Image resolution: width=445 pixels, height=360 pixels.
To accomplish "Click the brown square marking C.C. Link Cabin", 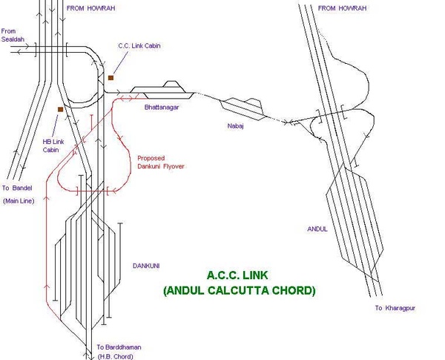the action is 111,78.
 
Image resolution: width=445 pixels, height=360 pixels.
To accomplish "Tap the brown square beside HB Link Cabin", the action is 61,109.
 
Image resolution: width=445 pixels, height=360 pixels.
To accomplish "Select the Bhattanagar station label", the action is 162,108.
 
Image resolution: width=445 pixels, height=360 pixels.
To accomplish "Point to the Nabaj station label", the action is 236,126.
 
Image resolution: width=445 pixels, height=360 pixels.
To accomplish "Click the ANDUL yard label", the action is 317,229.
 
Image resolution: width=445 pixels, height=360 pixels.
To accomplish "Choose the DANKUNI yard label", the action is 146,266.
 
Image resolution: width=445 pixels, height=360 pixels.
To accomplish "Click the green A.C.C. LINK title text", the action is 237,275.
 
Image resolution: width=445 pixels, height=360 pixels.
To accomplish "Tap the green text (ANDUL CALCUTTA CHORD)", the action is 240,291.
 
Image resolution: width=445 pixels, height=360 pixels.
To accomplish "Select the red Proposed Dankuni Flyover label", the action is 161,163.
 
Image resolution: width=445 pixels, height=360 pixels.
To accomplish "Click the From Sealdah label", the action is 13,35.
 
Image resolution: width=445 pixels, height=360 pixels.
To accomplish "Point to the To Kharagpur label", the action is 395,308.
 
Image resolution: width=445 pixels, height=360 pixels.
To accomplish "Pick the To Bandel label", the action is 17,188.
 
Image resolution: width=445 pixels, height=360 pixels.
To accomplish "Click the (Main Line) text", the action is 19,201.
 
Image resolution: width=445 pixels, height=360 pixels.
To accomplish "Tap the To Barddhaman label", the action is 119,347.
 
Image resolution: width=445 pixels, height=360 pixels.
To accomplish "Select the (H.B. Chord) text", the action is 115,356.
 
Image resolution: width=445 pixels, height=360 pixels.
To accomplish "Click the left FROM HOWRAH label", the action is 90,8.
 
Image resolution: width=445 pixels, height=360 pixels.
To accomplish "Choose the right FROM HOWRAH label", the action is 342,8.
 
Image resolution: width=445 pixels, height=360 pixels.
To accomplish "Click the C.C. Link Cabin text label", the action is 139,46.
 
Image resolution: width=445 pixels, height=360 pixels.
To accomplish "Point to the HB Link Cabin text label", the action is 53,145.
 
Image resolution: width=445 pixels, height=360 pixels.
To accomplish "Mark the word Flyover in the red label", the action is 174,166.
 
